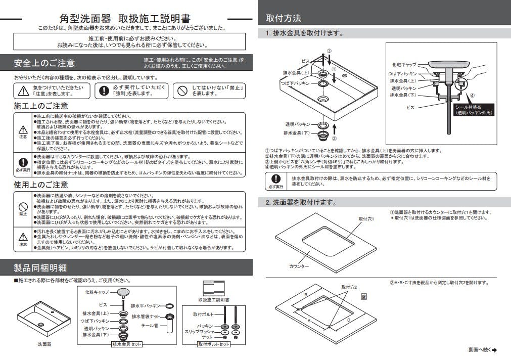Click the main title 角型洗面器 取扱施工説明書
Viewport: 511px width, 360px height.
pyautogui.click(x=125, y=19)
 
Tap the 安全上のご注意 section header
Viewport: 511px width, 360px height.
pyautogui.click(x=44, y=63)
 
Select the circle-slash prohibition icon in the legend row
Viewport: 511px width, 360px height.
pyautogui.click(x=180, y=91)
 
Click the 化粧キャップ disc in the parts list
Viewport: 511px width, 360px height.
pyautogui.click(x=123, y=292)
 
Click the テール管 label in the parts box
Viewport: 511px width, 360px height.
pyautogui.click(x=150, y=326)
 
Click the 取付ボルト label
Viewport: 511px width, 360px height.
pyautogui.click(x=205, y=314)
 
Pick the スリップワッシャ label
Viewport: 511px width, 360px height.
pyautogui.click(x=205, y=332)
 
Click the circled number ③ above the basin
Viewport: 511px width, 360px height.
pyautogui.click(x=329, y=51)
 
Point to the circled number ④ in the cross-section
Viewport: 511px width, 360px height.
pyautogui.click(x=472, y=95)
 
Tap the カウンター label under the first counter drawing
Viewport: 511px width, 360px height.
pyautogui.click(x=299, y=265)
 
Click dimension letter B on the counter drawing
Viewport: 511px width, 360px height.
pyautogui.click(x=305, y=294)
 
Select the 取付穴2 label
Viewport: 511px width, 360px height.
pyautogui.click(x=349, y=287)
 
